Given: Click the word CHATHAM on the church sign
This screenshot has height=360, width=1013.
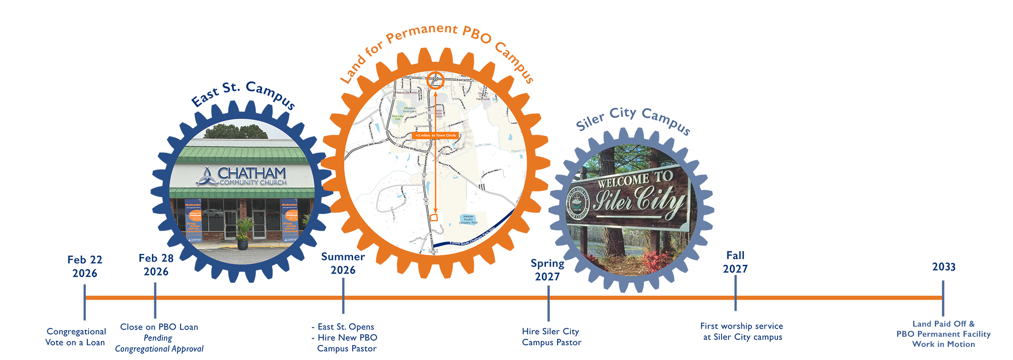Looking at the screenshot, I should pos(251,173).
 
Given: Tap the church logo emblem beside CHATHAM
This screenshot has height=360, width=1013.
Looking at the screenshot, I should pos(207,177).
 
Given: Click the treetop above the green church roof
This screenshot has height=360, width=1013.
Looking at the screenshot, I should pos(236,131).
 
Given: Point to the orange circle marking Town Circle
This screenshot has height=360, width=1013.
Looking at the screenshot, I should pos(435,80).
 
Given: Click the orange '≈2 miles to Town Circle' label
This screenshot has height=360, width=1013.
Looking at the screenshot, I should pos(436,136).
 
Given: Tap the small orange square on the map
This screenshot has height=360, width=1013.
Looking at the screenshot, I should pos(434,218).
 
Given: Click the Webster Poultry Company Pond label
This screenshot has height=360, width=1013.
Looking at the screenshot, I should pos(468,220).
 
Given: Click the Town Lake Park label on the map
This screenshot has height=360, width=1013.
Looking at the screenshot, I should pos(397,117).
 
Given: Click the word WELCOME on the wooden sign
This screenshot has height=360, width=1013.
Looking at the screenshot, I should pos(623,181).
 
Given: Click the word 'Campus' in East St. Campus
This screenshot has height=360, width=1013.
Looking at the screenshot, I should pos(271,94).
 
